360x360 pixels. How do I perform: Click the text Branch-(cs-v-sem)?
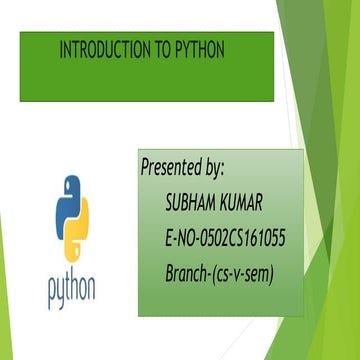[220, 273]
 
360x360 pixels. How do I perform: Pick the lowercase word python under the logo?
[71, 286]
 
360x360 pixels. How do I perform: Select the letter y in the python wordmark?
[62, 288]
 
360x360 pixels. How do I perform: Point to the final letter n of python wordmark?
[91, 285]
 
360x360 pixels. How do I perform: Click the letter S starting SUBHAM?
[169, 204]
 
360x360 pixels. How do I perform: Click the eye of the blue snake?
[63, 183]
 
